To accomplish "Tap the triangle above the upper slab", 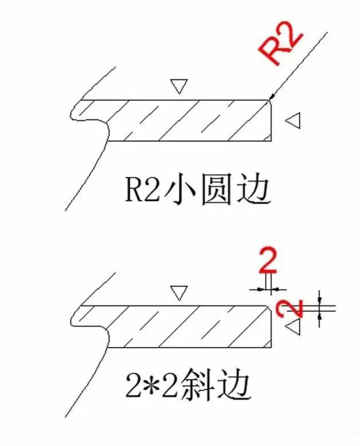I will pos(179,87).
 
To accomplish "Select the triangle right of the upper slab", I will pos(294,120).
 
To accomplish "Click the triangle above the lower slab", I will pos(179,294).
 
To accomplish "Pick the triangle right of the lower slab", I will pos(294,327).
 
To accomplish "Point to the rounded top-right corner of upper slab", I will pos(268,102).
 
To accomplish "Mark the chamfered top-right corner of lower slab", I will pos(269,308).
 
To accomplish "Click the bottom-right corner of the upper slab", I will pos(271,140).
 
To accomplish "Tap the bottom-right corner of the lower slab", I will pos(271,347).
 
